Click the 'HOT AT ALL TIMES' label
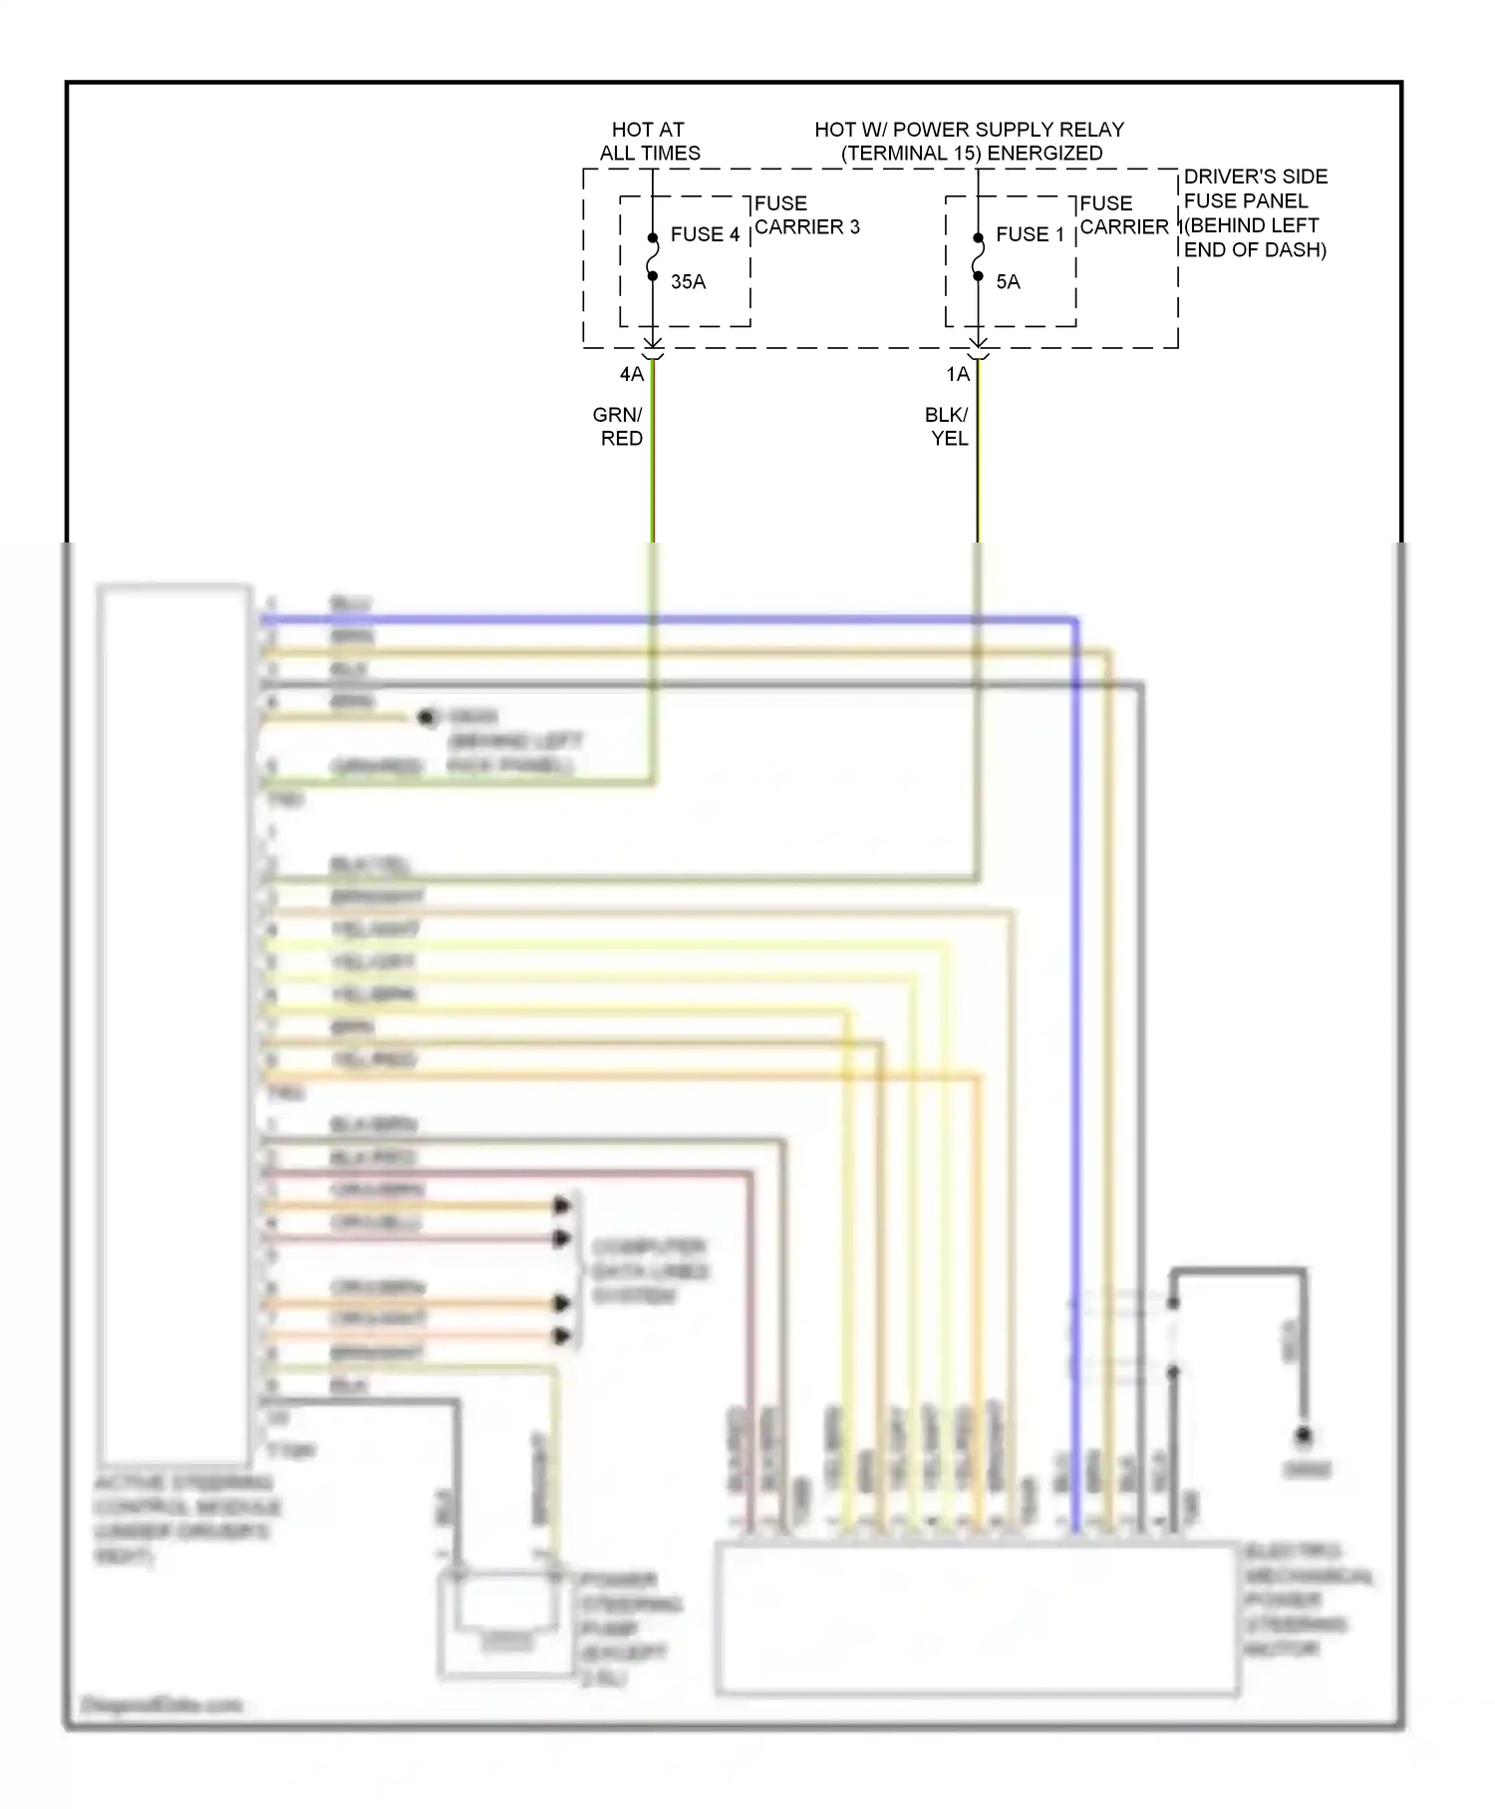(649, 142)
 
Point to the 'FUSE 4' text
(705, 234)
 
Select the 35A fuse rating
(688, 282)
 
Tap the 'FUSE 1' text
(1030, 234)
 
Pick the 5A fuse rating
(1008, 282)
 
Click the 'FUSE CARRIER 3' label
(806, 215)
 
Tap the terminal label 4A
(632, 375)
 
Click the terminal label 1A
(958, 375)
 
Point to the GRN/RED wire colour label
(619, 427)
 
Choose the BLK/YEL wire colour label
(947, 427)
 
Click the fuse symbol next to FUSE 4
(653, 257)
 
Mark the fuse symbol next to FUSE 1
(979, 257)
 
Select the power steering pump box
(506, 1621)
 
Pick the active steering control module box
(173, 1022)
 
